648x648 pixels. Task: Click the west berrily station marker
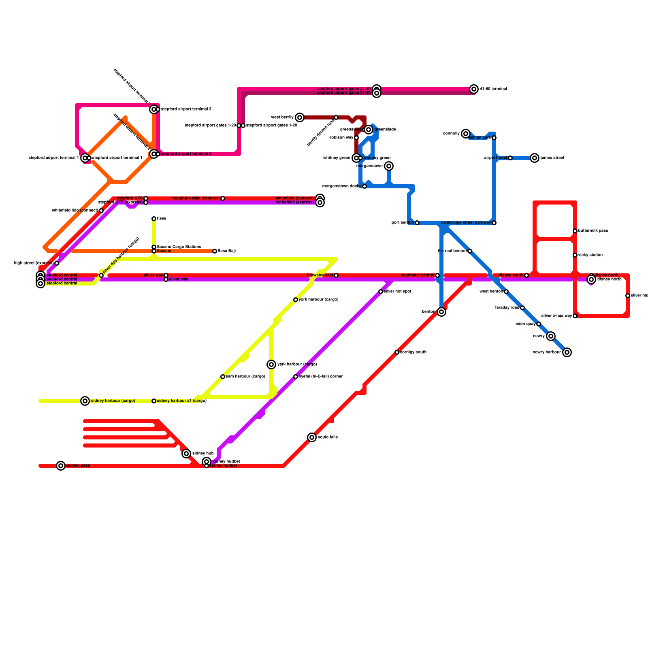(300, 117)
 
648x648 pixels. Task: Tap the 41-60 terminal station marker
(474, 89)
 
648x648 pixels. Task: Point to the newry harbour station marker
(567, 352)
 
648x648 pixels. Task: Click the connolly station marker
(466, 134)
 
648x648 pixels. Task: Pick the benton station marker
(441, 312)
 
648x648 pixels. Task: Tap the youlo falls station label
(328, 437)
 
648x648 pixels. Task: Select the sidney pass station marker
(61, 466)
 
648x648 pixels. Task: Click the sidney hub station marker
(186, 454)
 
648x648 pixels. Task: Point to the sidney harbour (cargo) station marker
(85, 401)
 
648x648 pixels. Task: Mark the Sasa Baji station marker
(215, 251)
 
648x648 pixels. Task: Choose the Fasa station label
(161, 219)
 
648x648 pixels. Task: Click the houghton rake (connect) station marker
(223, 198)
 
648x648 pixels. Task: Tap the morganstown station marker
(389, 166)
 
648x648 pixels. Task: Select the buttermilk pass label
(593, 231)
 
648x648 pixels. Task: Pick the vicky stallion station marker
(575, 255)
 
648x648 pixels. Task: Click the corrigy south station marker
(397, 352)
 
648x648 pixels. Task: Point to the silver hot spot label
(397, 292)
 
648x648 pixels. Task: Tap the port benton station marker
(417, 223)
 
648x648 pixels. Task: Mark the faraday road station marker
(522, 308)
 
